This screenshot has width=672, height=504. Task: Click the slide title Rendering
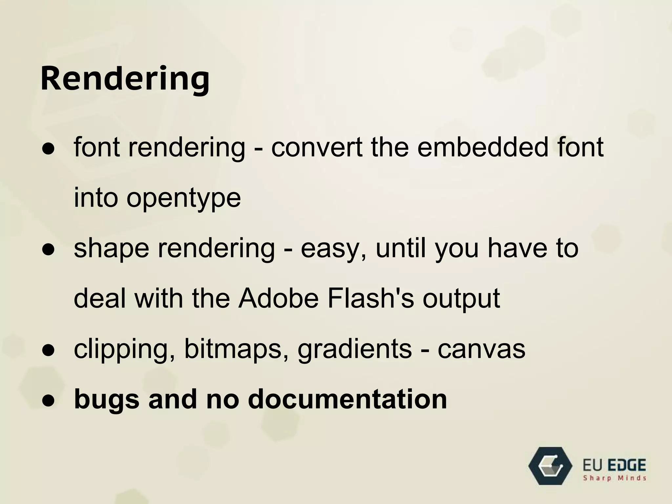click(125, 79)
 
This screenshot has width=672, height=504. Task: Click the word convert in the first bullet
click(317, 147)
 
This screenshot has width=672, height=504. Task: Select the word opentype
click(184, 199)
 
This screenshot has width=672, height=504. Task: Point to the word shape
click(112, 248)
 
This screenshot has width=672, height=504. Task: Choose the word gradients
click(354, 350)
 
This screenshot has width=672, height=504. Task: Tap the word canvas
click(481, 350)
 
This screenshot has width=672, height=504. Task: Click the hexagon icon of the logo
click(550, 466)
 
